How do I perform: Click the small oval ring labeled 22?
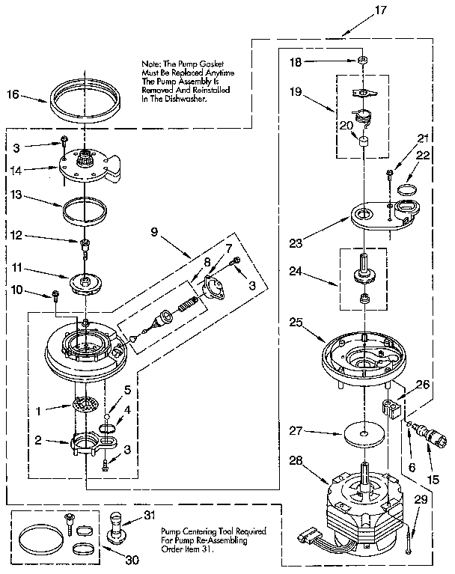[x=408, y=188]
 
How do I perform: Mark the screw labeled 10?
[x=57, y=294]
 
